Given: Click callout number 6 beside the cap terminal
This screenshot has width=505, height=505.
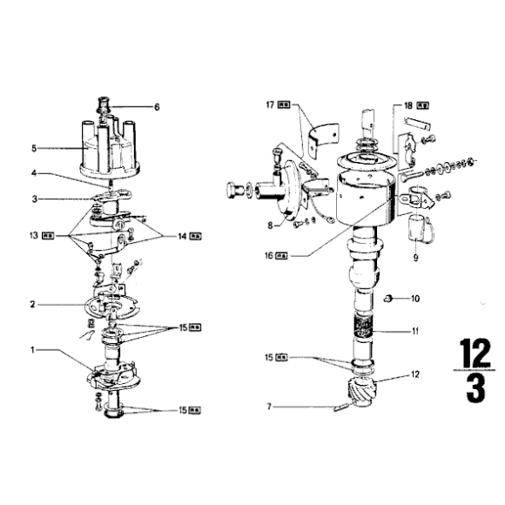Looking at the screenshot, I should pos(157,108).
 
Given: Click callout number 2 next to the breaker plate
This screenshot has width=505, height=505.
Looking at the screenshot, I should pos(32,306).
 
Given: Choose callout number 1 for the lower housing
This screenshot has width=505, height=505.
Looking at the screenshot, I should pos(32,350).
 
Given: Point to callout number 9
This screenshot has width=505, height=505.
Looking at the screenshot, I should pos(414,258).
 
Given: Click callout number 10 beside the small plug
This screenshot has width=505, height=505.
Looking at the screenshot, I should pos(414,299).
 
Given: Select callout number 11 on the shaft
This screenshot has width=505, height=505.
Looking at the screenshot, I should pos(414,332).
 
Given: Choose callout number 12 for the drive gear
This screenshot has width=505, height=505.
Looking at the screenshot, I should pos(414,375).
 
